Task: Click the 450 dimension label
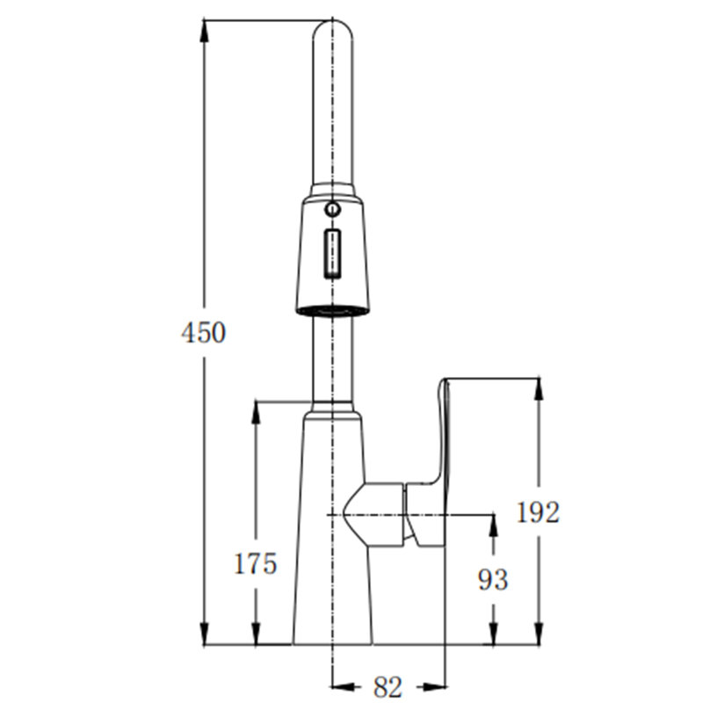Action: pyautogui.click(x=204, y=333)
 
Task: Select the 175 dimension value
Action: pyautogui.click(x=256, y=563)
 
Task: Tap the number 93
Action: pyautogui.click(x=493, y=580)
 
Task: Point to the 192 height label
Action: pyautogui.click(x=538, y=512)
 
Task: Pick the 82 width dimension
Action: pyautogui.click(x=388, y=686)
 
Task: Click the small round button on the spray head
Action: pyautogui.click(x=332, y=209)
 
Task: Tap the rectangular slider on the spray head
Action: pyautogui.click(x=332, y=253)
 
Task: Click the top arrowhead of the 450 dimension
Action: pyautogui.click(x=204, y=31)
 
